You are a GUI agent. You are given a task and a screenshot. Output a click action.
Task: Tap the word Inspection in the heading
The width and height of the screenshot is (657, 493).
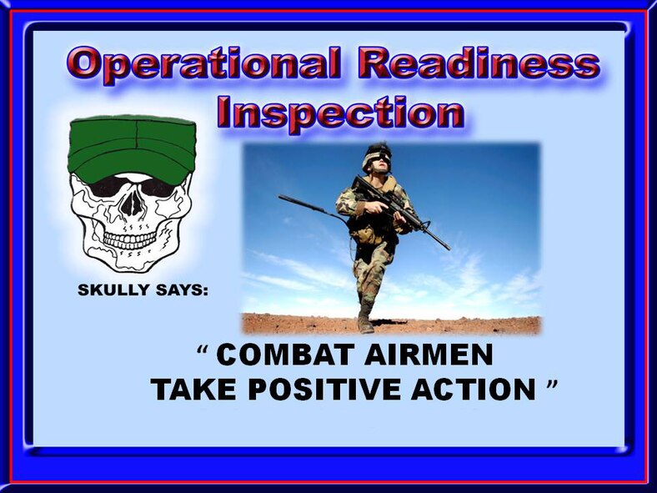pos(339,113)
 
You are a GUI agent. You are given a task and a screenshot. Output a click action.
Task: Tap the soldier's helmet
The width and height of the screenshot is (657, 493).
pos(377,153)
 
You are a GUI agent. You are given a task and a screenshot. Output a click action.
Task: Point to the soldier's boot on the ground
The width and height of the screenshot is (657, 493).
pos(365,324)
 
